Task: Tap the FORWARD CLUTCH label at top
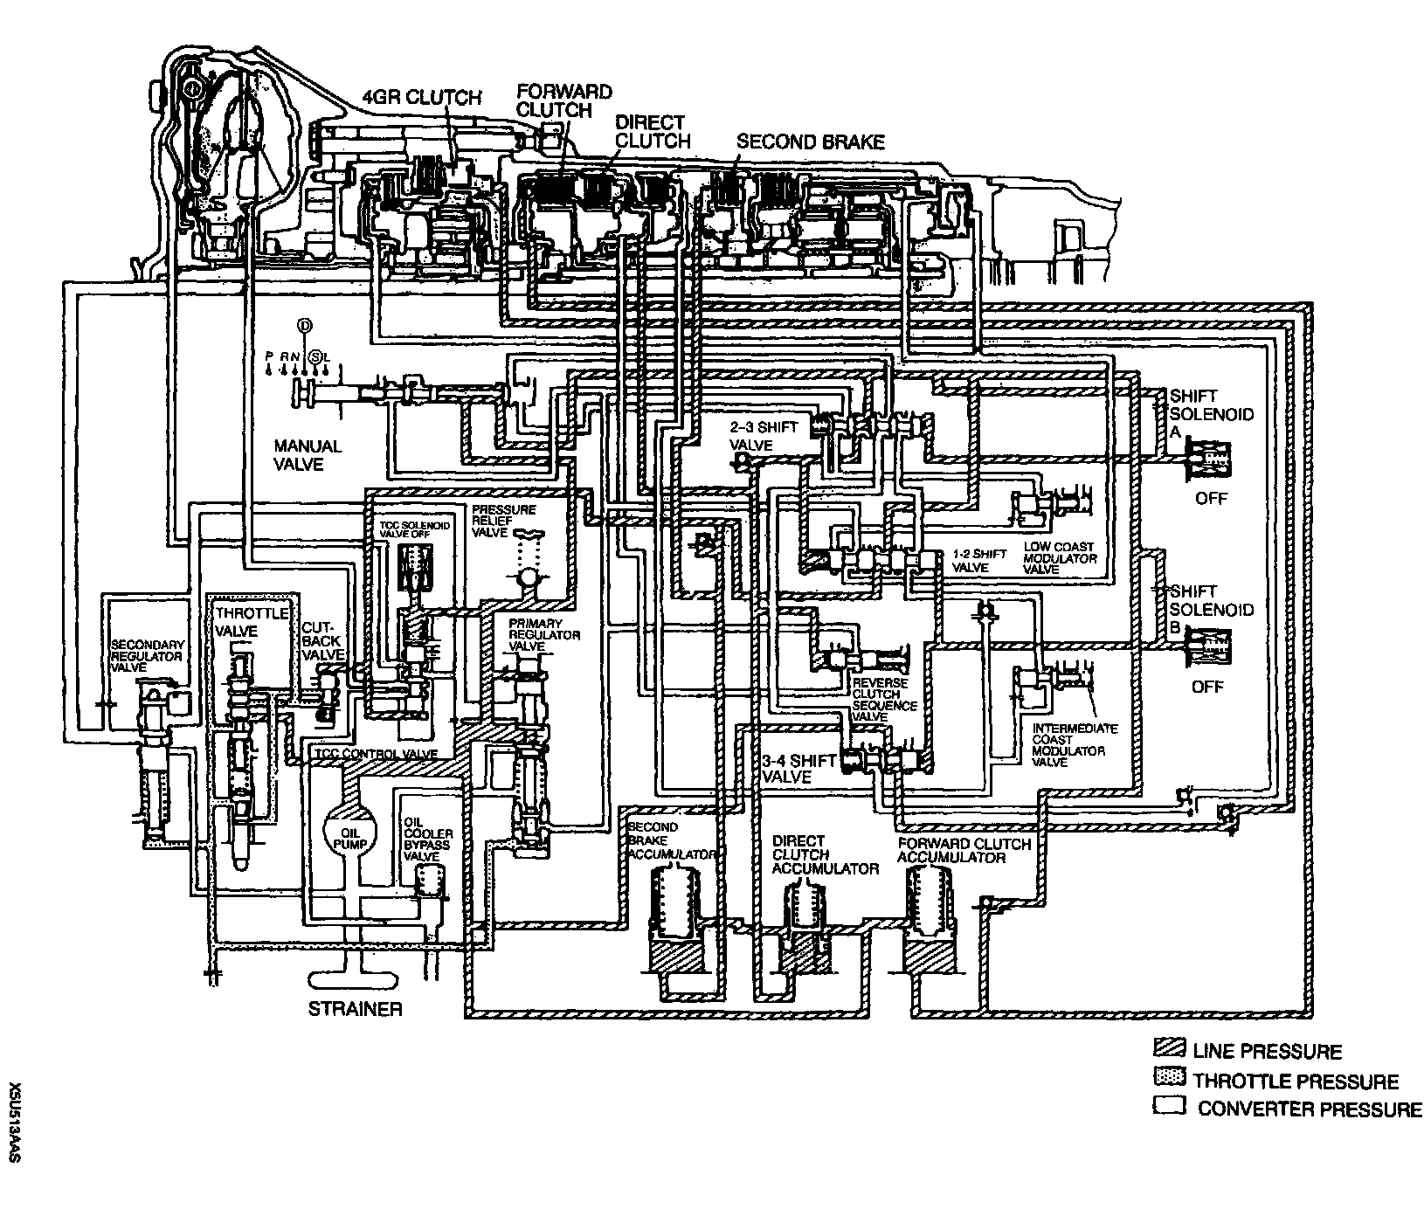tap(563, 100)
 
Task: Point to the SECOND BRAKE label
tap(810, 142)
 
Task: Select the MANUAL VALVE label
tap(307, 454)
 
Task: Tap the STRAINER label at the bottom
tap(356, 1009)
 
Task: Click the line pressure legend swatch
tap(1168, 1050)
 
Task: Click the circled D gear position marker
tap(304, 326)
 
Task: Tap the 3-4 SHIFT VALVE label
tap(798, 769)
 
